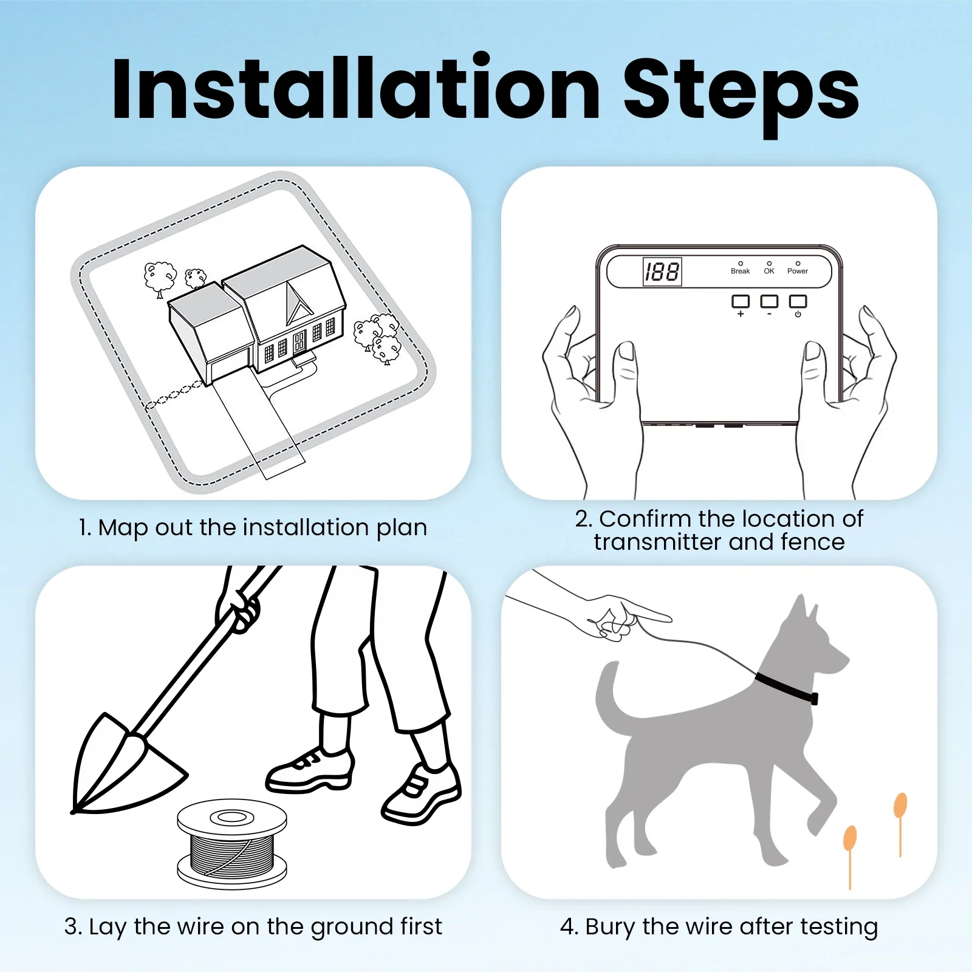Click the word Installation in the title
click(356, 90)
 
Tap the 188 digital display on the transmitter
click(662, 272)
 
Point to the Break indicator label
click(740, 271)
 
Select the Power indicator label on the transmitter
click(797, 271)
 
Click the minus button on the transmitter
click(769, 302)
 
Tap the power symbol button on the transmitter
click(798, 302)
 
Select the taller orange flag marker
click(900, 807)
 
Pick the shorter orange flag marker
click(850, 839)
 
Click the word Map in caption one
click(123, 527)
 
